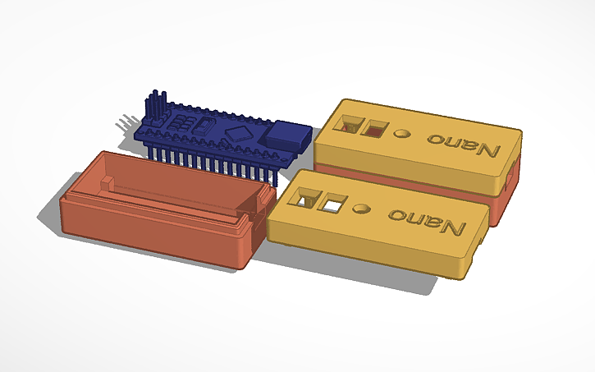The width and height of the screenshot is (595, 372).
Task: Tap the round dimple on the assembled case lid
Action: coord(402,133)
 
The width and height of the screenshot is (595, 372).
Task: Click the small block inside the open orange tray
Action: coord(108,180)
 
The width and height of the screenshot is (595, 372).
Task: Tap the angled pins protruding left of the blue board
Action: coord(125,124)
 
